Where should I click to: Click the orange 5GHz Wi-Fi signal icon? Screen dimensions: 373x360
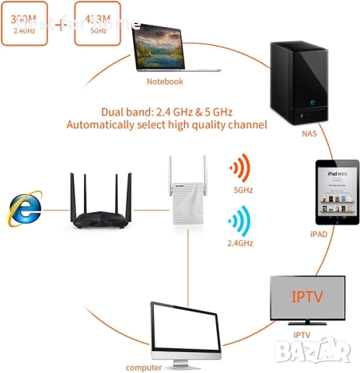coord(243,169)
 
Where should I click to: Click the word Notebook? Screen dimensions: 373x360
coord(165,81)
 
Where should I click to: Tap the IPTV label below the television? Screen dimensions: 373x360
coord(302,335)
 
